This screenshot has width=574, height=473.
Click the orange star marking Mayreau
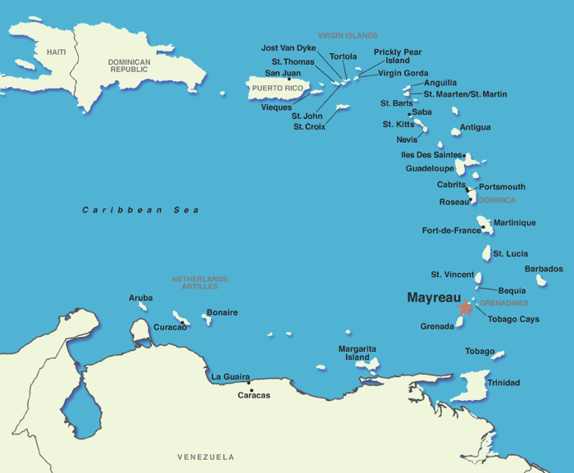point(465,308)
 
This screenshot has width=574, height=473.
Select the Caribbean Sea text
point(140,211)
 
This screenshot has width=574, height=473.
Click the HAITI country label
point(57,52)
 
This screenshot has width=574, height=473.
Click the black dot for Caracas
point(249,381)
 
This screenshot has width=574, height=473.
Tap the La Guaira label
point(230,377)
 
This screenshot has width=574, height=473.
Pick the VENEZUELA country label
point(206,457)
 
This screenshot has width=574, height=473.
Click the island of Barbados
point(541,280)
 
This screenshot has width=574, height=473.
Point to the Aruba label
point(141,298)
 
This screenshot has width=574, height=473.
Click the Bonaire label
point(222,312)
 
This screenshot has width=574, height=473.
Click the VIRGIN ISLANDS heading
point(348,36)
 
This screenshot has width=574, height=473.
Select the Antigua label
point(476,127)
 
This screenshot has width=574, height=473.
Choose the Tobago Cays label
point(513,319)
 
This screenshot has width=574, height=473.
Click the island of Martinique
point(485,224)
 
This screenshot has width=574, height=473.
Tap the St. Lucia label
point(511,254)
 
